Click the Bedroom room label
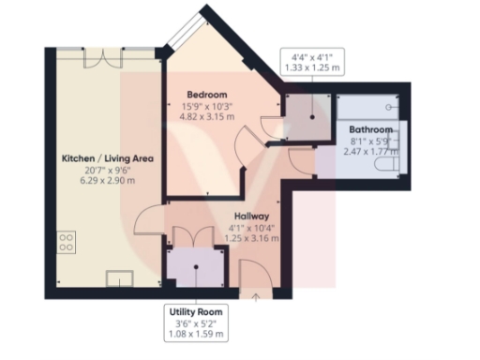coord(207,95)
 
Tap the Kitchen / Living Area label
coord(108,158)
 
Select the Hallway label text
coord(254,216)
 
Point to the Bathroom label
coord(370,128)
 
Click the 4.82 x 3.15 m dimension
coord(207,119)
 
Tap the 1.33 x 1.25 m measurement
coord(313,69)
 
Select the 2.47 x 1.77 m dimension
coord(370,152)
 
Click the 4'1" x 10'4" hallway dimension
coord(254,228)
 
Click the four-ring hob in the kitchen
coord(67,245)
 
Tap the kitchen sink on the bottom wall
coord(120,277)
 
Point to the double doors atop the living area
coord(97,56)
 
